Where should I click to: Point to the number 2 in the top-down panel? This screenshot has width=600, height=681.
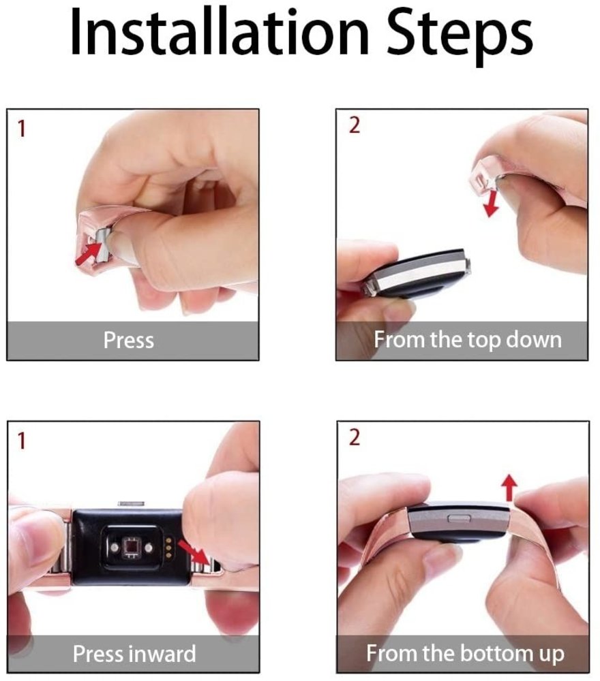click(353, 126)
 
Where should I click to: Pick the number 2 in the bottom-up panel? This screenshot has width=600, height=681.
click(353, 438)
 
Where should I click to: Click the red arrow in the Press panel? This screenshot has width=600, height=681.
click(87, 253)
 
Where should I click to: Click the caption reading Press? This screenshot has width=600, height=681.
click(128, 339)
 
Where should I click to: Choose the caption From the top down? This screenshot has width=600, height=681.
click(467, 339)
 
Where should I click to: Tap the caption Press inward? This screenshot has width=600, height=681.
click(134, 654)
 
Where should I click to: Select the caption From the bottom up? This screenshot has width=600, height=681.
click(465, 654)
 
